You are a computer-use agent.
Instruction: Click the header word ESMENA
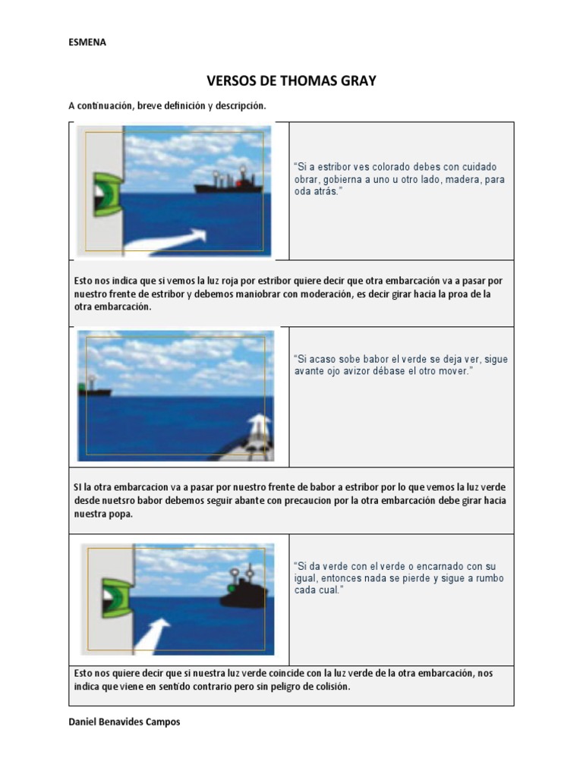tap(87, 42)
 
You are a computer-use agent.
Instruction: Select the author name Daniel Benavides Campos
tap(124, 722)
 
